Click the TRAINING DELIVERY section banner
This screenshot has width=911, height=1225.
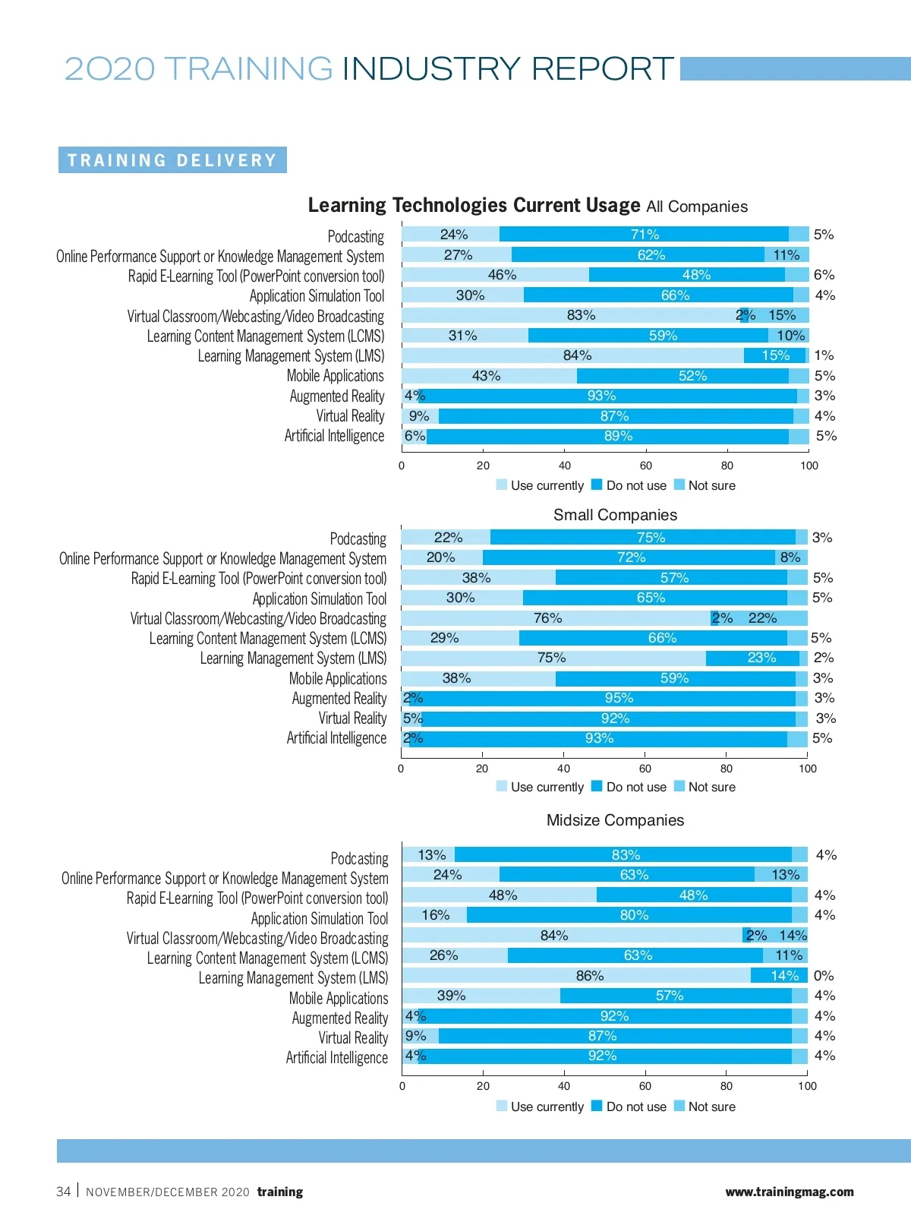(172, 160)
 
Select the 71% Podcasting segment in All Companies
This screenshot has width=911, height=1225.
(644, 235)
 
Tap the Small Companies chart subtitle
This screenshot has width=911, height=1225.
(615, 515)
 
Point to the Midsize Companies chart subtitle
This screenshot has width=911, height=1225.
(615, 820)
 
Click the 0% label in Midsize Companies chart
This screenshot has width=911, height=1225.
(824, 976)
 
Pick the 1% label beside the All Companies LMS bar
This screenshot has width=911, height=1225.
(824, 355)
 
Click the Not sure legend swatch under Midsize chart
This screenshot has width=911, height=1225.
(679, 1106)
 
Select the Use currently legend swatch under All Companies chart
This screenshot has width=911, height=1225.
(502, 485)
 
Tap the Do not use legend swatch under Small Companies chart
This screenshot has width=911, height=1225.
(597, 786)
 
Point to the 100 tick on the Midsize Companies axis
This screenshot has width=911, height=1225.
(807, 1086)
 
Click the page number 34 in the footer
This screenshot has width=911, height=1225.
(64, 1192)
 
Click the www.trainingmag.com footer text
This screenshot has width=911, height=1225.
(790, 1192)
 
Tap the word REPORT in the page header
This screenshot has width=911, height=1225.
(602, 69)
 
